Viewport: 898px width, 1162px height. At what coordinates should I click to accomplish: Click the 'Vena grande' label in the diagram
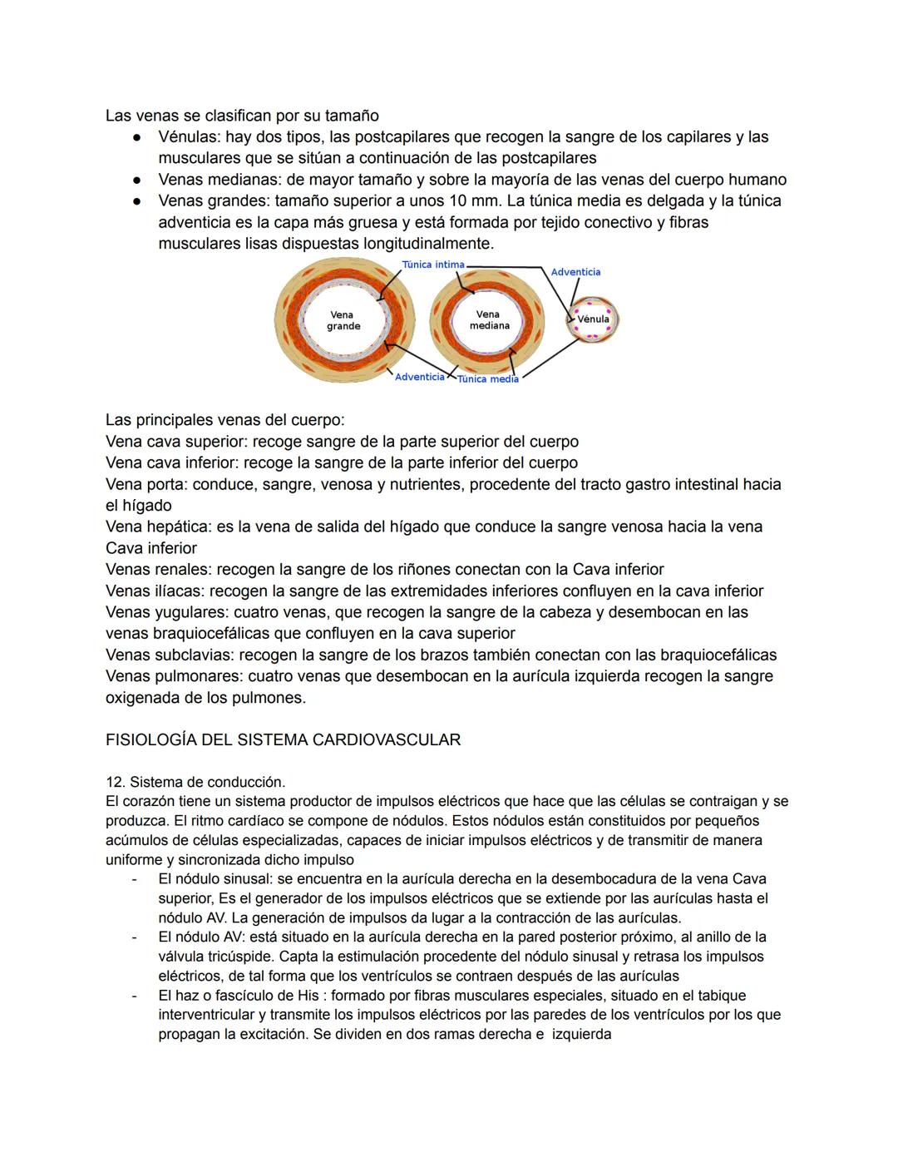coord(343,320)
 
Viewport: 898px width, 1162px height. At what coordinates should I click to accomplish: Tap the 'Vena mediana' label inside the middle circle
coord(489,320)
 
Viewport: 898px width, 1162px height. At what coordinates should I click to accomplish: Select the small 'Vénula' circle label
coord(593,319)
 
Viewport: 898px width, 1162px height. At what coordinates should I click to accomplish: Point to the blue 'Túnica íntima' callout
coord(433,265)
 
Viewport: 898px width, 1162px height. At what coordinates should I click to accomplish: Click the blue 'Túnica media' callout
coord(488,379)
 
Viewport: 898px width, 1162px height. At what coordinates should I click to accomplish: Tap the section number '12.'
coord(115,782)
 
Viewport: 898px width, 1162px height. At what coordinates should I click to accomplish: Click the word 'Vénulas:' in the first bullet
coord(190,136)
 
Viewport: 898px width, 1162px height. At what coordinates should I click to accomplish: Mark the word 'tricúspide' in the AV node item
coord(239,957)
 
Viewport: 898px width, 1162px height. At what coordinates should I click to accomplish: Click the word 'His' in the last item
coord(308,996)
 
